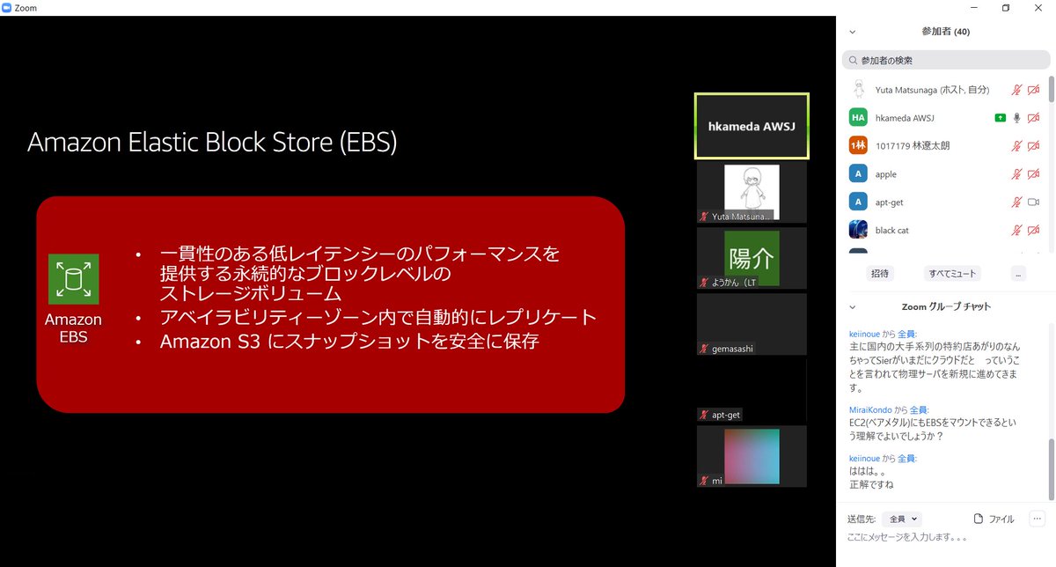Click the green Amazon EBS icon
(x=73, y=279)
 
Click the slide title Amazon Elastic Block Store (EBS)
(x=212, y=143)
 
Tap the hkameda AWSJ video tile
(x=752, y=126)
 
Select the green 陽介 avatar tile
(x=752, y=258)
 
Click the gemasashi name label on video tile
(x=732, y=349)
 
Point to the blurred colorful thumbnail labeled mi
(x=752, y=456)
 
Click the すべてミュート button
(x=952, y=274)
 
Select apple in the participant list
(x=885, y=174)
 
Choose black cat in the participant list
(x=892, y=231)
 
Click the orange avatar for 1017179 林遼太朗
(x=858, y=146)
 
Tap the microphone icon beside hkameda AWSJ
(x=1016, y=118)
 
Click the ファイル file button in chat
(x=994, y=519)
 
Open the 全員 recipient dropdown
(x=903, y=519)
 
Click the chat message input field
(x=942, y=537)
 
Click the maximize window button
(x=1006, y=8)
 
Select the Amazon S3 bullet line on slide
(x=349, y=341)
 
